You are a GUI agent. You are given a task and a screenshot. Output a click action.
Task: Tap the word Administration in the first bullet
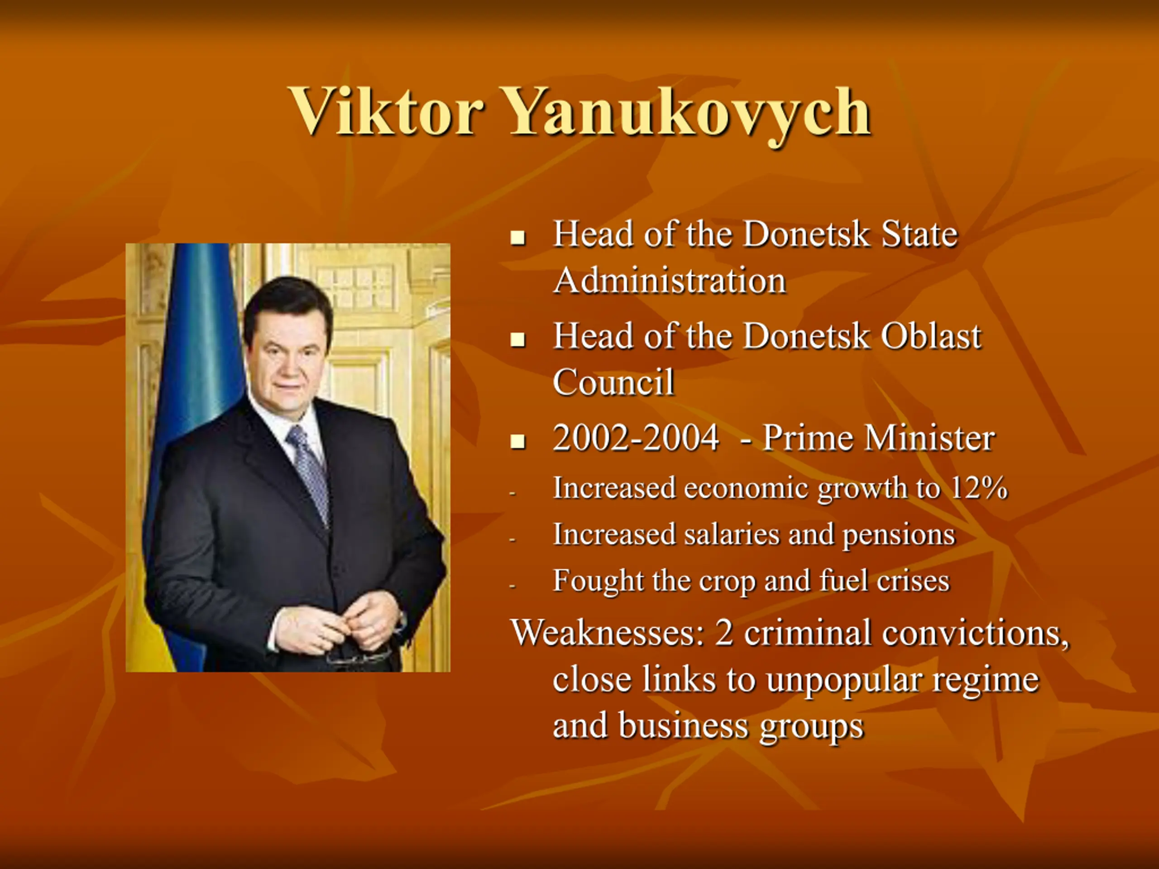point(670,280)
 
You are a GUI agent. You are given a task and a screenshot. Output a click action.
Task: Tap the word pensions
point(899,535)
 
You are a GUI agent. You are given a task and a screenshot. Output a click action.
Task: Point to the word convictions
point(975,633)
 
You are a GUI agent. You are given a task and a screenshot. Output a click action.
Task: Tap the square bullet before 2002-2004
point(517,442)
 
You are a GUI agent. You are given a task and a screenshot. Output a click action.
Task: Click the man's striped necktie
point(310,472)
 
